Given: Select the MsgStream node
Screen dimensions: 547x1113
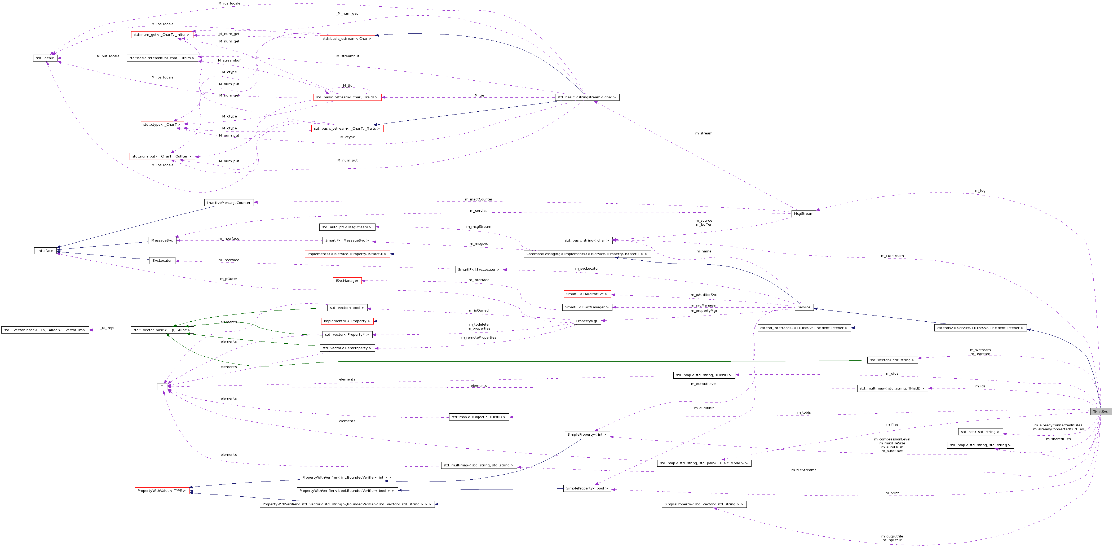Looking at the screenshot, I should tap(804, 214).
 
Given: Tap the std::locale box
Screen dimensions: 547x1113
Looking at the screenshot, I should tap(45, 58).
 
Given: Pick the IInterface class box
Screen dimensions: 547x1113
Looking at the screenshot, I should tap(45, 251).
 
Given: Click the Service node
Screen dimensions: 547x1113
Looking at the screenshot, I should tap(804, 308).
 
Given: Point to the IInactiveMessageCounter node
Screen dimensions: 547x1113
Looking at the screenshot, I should tap(228, 203).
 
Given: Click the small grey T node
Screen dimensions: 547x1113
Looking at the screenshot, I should tap(162, 387).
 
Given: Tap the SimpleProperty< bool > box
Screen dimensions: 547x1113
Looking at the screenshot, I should tap(587, 489).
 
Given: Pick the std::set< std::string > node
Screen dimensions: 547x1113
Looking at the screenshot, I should tap(980, 432).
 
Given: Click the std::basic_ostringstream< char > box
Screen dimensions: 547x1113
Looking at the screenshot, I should tap(587, 97).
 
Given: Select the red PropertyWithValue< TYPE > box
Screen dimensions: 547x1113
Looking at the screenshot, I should tap(162, 491).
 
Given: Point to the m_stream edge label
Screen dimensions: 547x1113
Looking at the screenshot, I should tap(703, 133).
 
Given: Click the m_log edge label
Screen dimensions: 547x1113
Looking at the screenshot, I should tap(980, 191).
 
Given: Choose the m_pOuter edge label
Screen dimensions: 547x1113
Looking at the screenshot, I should tap(228, 279).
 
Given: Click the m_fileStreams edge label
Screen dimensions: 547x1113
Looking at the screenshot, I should tap(804, 470).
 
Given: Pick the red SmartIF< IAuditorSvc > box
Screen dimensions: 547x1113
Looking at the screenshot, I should tap(587, 294).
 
